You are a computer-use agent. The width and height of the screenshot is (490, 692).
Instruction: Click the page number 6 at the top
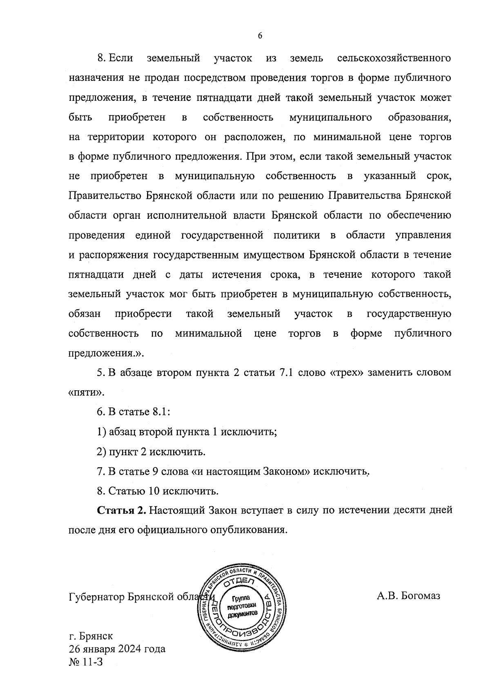click(260, 36)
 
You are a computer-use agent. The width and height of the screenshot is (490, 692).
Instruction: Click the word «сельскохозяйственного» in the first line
click(394, 58)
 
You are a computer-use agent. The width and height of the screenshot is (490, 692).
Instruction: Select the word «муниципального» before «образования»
click(330, 118)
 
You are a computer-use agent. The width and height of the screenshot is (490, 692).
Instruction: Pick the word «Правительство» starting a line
click(105, 196)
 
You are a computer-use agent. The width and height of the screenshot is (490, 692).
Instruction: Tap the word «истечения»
click(237, 275)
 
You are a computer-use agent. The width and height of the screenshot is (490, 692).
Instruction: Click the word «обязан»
click(85, 314)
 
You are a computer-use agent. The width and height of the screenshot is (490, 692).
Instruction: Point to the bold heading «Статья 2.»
click(121, 510)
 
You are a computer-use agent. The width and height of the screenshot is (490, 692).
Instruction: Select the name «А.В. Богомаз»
click(408, 596)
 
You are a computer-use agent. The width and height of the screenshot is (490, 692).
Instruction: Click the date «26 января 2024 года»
click(117, 648)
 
